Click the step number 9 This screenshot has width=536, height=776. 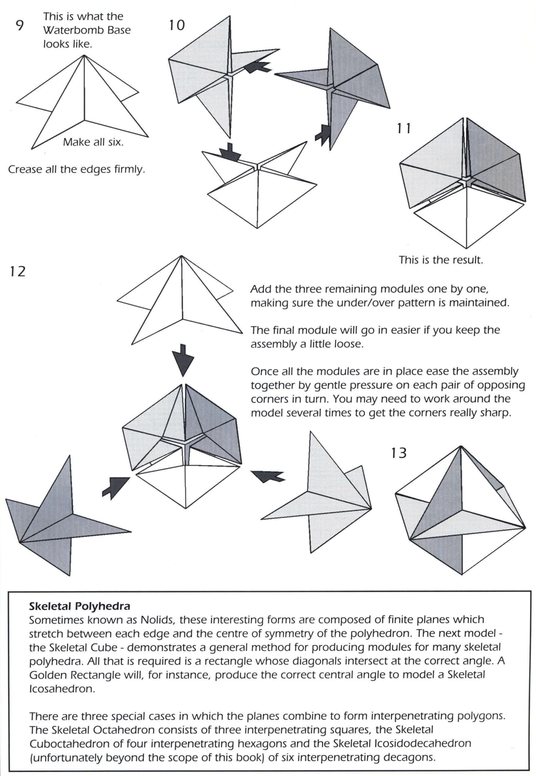[20, 26]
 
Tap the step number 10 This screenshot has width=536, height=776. [176, 25]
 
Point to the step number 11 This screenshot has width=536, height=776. [404, 128]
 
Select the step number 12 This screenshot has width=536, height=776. [17, 272]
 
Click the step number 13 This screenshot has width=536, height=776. [399, 453]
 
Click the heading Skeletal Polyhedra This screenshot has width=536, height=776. [79, 606]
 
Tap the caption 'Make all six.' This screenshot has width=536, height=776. [93, 142]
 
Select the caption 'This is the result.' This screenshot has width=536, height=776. [441, 260]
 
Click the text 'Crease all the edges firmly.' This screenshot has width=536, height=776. [76, 169]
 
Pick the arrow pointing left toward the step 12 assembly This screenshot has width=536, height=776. [268, 476]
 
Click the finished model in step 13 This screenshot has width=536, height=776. [461, 511]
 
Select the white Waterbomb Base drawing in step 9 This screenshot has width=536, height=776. [84, 103]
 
